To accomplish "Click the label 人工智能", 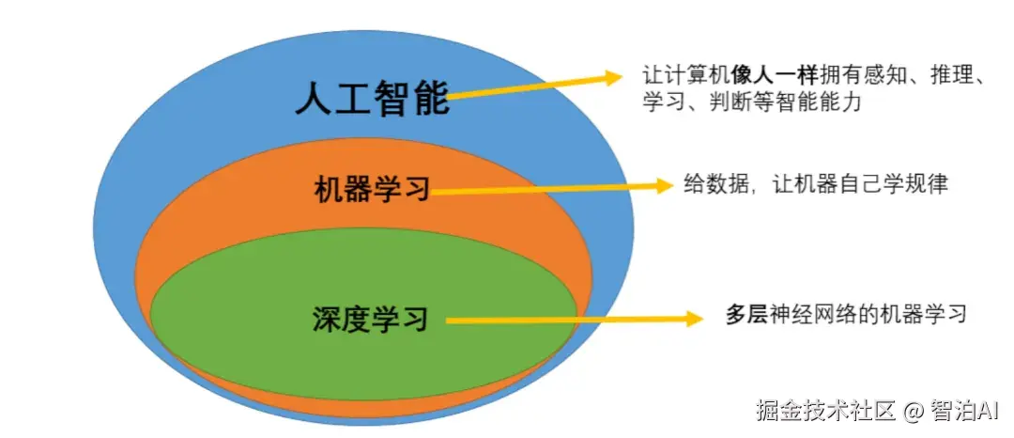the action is coord(372,97).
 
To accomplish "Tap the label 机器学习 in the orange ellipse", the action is coord(372,189).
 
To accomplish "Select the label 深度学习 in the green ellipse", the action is coord(370,319).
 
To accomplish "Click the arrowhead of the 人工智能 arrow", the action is coord(613,75).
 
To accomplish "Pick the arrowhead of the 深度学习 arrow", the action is coord(694,319).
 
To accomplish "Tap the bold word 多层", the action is coord(746,315).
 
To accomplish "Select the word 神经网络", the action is coord(817,315).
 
